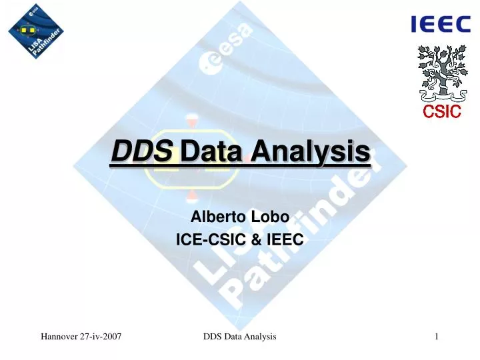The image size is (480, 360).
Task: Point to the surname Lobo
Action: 269,217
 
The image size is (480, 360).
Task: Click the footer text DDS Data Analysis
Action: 239,340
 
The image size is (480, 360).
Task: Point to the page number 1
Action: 435,340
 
